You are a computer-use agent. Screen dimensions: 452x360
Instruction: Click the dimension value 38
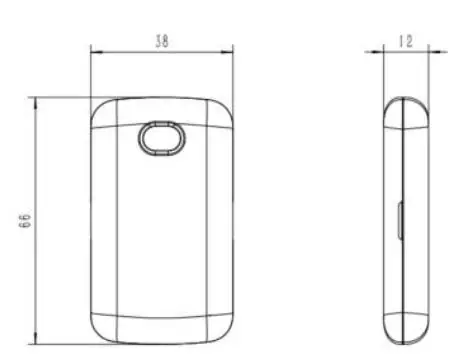pos(162,41)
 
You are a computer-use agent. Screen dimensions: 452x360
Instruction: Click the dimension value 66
pos(25,219)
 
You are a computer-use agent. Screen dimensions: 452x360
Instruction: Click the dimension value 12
pos(406,41)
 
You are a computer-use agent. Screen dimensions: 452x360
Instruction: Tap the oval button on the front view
pos(162,138)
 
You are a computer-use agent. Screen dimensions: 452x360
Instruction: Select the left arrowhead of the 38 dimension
pos(96,52)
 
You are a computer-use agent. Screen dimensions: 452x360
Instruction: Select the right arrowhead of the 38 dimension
pos(227,52)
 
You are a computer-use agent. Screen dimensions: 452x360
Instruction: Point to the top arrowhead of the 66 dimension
pos(36,103)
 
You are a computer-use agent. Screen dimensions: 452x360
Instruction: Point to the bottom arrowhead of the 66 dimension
pos(36,338)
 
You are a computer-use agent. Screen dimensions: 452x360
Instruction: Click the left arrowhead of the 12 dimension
pos(378,52)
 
